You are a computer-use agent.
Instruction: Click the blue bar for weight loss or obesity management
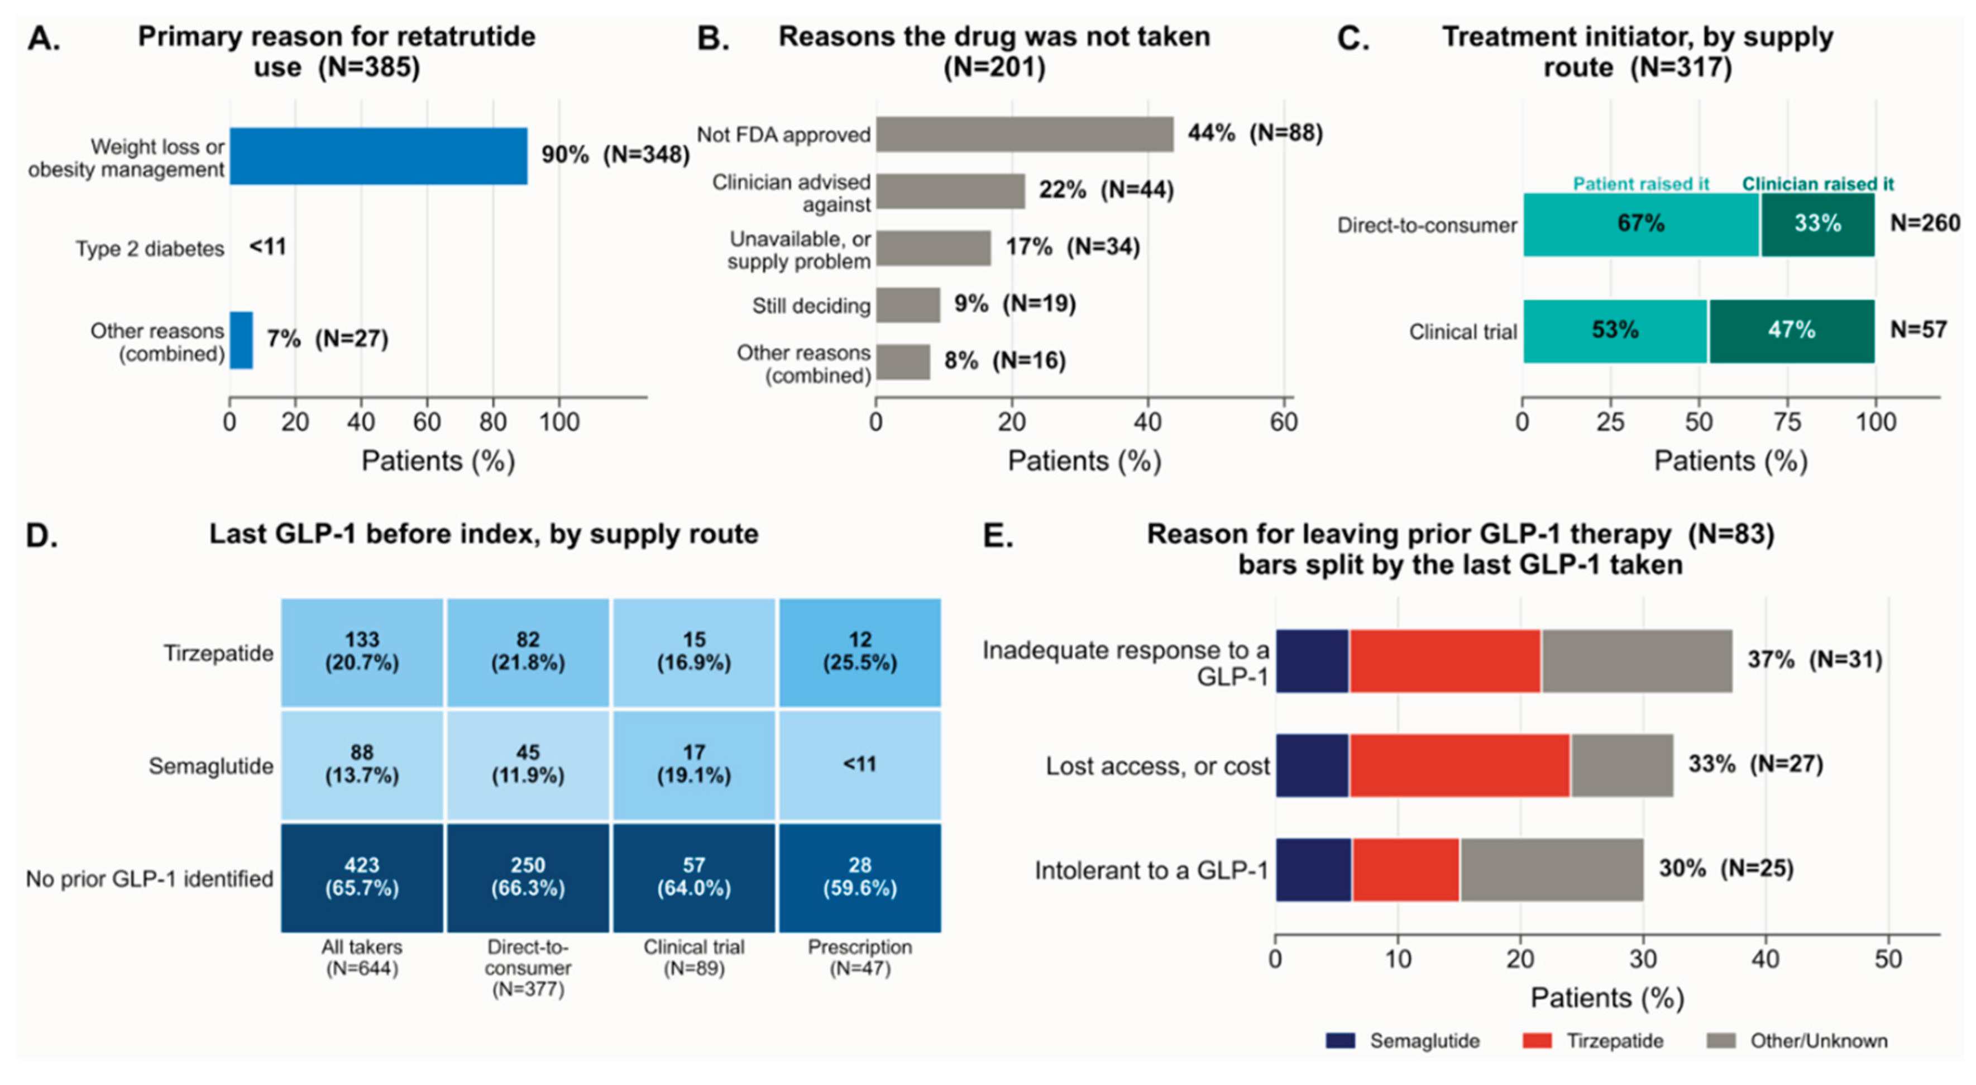point(378,156)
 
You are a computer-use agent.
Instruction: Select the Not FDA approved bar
point(1025,134)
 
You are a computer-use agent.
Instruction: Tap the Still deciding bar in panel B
point(908,304)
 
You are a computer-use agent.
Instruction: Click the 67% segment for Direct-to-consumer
point(1641,224)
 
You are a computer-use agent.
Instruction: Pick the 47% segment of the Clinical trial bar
point(1792,331)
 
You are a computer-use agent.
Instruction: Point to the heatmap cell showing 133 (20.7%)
point(362,652)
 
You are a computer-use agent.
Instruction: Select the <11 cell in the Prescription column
point(860,765)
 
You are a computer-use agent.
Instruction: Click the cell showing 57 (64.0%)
point(693,878)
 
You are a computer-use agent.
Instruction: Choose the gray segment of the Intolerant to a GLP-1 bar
point(1551,869)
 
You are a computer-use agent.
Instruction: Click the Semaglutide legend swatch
point(1340,1040)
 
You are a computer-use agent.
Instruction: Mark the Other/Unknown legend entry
point(1797,1040)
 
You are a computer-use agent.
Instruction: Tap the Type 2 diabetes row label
point(150,249)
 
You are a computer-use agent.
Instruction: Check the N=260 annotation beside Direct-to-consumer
point(1925,223)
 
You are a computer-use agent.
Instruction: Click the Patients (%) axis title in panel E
point(1607,997)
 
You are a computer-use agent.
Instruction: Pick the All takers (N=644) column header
point(362,957)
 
